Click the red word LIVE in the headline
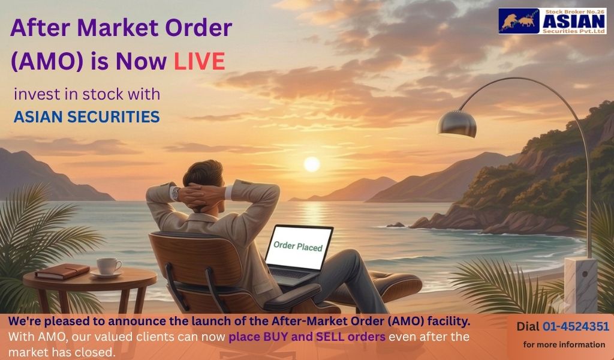pyautogui.click(x=199, y=62)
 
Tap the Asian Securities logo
pyautogui.click(x=552, y=21)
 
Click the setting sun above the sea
pyautogui.click(x=312, y=164)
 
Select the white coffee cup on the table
pyautogui.click(x=109, y=266)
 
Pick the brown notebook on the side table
pyautogui.click(x=62, y=271)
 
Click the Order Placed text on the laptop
pyautogui.click(x=298, y=246)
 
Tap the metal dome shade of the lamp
pyautogui.click(x=457, y=124)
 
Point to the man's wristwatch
pyautogui.click(x=176, y=194)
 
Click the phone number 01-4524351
pyautogui.click(x=576, y=326)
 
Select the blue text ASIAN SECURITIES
pyautogui.click(x=86, y=117)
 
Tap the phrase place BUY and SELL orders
pyautogui.click(x=307, y=337)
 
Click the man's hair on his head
pyautogui.click(x=203, y=173)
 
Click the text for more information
pyautogui.click(x=564, y=345)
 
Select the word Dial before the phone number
pyautogui.click(x=528, y=326)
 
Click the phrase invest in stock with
pyautogui.click(x=87, y=94)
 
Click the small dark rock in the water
pyautogui.click(x=396, y=225)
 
